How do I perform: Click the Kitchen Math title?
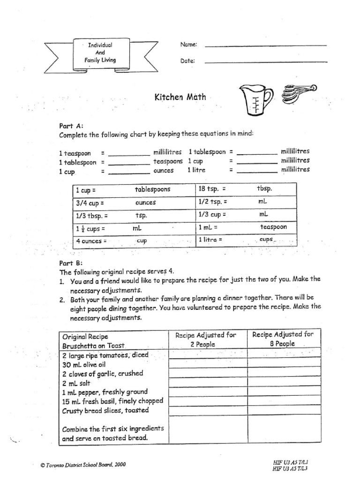pos(180,97)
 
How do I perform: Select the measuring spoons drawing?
pos(298,93)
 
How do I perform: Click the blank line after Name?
pos(265,45)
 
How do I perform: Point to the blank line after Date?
pos(265,62)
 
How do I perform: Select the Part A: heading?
pos(71,126)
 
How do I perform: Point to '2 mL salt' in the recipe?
pos(76,382)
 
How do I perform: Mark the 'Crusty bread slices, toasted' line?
pos(105,410)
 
